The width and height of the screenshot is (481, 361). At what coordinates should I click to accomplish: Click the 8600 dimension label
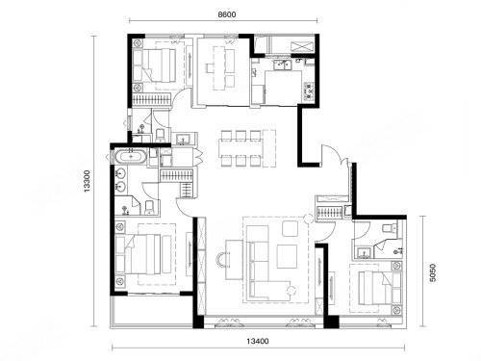click(x=227, y=14)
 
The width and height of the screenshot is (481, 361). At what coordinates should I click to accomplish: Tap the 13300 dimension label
click(x=88, y=182)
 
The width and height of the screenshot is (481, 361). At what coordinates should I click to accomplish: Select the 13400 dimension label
click(x=258, y=341)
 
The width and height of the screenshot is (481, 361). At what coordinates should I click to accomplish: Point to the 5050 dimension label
click(x=433, y=272)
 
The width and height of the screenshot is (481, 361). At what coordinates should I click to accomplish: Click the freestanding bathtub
click(x=131, y=157)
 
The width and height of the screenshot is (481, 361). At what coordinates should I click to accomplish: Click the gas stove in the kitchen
click(x=309, y=91)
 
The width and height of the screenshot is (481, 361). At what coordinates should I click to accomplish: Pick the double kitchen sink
click(x=282, y=64)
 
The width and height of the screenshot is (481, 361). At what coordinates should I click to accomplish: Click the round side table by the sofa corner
click(x=291, y=291)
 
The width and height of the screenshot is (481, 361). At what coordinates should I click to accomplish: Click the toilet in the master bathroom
click(x=149, y=207)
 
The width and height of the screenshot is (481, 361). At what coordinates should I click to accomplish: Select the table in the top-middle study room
click(x=219, y=68)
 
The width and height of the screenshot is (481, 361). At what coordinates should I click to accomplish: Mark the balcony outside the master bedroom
click(x=151, y=311)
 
